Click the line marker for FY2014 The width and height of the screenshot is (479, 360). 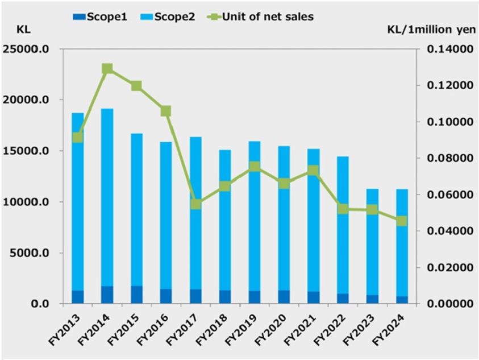(x=107, y=69)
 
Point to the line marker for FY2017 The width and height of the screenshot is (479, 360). (x=196, y=204)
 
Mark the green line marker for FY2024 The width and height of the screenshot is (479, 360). (x=402, y=221)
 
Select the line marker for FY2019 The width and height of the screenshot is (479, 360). (x=255, y=167)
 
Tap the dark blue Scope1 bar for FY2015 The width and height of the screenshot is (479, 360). (x=137, y=295)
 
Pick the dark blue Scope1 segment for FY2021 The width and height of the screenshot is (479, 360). (x=313, y=297)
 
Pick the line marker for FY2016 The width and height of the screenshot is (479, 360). (x=166, y=111)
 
